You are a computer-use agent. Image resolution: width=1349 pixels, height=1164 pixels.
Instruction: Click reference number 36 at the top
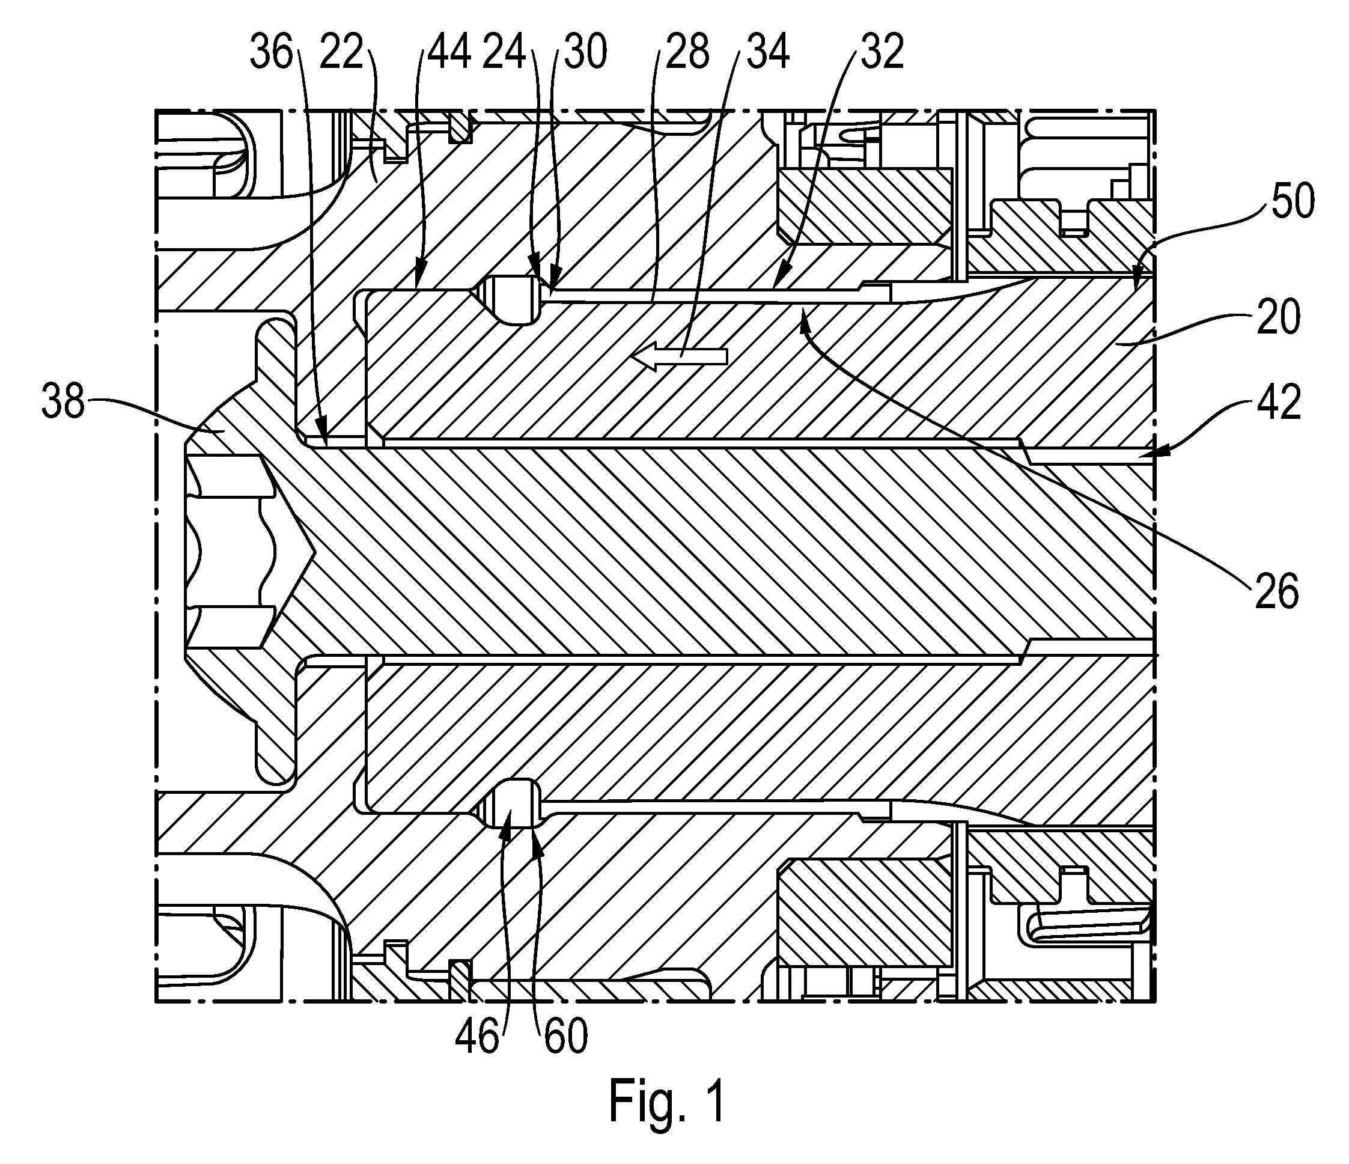(x=272, y=52)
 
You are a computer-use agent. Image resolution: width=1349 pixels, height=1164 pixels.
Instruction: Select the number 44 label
(x=449, y=52)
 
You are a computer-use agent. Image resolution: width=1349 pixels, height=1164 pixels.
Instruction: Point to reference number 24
(x=505, y=52)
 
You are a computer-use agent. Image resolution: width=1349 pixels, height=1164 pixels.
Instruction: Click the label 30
(x=585, y=52)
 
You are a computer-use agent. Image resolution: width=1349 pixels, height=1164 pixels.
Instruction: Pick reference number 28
(x=687, y=52)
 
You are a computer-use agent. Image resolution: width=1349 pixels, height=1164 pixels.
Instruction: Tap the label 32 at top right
(x=883, y=52)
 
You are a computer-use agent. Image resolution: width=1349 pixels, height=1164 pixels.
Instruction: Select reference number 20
(x=1279, y=317)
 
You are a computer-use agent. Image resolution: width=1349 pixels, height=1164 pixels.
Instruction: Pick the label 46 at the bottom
(x=477, y=1036)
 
